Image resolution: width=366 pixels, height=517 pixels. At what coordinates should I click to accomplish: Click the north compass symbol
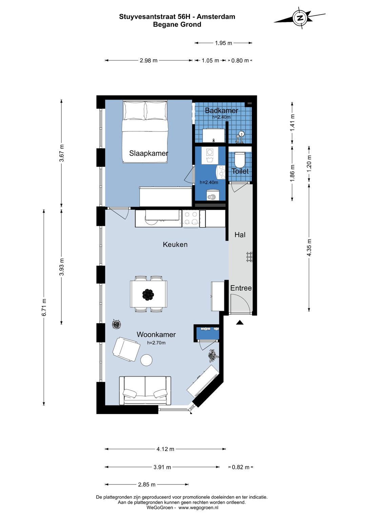click(300, 18)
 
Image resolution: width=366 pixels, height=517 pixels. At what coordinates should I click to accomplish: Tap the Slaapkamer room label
click(148, 153)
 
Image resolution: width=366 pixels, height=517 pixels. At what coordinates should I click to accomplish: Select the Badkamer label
click(221, 110)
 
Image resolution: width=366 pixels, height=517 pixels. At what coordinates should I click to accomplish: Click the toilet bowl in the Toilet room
click(239, 160)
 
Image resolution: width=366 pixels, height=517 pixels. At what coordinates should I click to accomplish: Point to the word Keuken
click(175, 244)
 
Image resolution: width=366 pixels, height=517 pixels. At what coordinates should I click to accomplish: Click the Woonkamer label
click(156, 334)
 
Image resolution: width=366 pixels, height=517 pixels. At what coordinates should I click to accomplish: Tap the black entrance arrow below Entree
click(240, 323)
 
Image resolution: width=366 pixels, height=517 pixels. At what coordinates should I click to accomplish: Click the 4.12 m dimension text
click(165, 449)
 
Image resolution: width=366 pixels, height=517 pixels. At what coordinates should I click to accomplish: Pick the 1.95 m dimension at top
click(224, 43)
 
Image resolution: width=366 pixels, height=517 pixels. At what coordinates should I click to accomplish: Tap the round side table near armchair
click(146, 360)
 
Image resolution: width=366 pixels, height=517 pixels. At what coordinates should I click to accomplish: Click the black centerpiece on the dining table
click(148, 295)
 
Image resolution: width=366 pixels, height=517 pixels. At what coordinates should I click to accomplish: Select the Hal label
click(240, 235)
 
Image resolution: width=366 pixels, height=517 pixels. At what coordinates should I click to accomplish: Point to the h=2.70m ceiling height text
click(156, 343)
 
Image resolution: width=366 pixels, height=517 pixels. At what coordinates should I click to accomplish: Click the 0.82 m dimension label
click(241, 467)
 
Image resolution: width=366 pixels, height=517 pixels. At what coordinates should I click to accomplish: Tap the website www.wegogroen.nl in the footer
click(198, 507)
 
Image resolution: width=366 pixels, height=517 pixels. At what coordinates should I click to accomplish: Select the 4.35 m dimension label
click(309, 247)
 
